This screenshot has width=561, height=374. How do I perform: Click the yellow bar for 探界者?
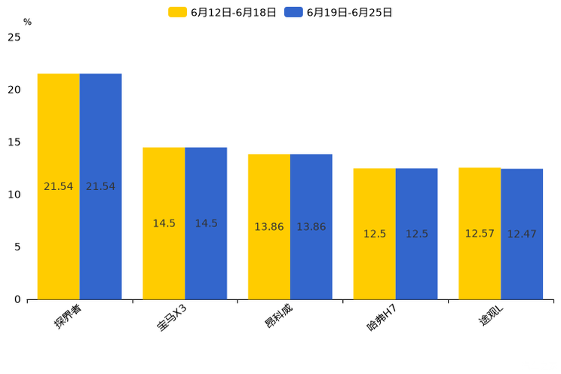point(59,136)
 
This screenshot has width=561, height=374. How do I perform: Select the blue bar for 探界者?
point(100,136)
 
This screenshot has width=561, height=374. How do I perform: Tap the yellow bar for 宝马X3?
point(164,189)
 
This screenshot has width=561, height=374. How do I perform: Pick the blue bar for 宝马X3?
point(206,189)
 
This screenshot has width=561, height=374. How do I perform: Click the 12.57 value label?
point(480,234)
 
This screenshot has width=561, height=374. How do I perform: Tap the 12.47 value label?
point(522,234)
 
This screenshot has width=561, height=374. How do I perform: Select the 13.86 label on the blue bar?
point(311,227)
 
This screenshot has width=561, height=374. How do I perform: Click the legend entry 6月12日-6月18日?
point(222,12)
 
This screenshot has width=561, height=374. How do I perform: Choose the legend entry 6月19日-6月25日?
point(339,12)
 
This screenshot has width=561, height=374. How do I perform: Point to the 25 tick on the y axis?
point(14,37)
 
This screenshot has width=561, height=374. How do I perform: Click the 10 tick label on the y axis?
point(14,195)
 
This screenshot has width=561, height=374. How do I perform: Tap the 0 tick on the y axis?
point(17,299)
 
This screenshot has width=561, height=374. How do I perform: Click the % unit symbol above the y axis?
point(27,22)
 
